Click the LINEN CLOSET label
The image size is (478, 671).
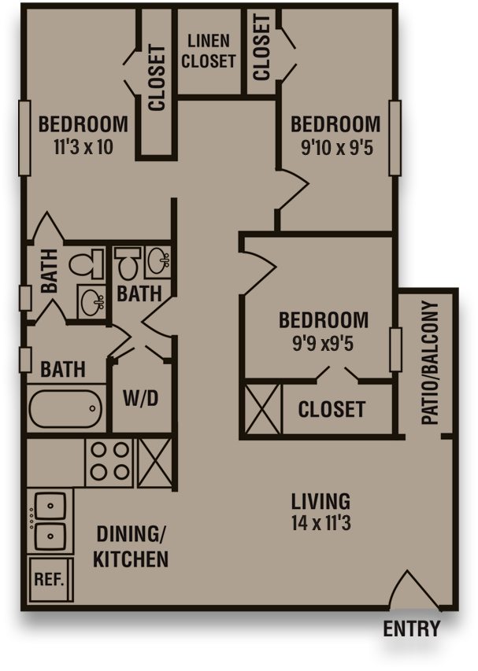point(209,51)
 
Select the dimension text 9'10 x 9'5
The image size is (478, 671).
point(335,147)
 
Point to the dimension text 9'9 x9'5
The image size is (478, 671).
point(323,343)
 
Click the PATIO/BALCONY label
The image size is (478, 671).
point(430,363)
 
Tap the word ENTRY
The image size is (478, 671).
point(411,629)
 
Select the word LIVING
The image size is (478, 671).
point(321,501)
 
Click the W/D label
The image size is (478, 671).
point(141,399)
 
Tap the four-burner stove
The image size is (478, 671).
point(109,462)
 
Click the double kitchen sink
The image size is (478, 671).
point(49,521)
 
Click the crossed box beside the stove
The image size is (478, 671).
point(154,462)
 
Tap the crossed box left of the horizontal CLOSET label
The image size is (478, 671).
point(262,409)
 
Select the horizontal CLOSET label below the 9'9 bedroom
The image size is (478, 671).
point(332,409)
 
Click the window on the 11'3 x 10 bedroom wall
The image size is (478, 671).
point(25,138)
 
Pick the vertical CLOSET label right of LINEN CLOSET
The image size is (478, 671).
point(261,47)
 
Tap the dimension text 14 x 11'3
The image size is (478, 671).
point(321,523)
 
